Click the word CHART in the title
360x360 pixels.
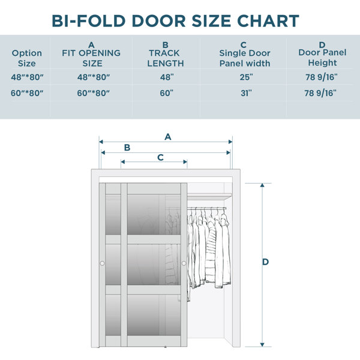click(x=268, y=21)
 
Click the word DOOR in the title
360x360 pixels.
click(x=158, y=21)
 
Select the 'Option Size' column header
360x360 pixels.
click(x=27, y=58)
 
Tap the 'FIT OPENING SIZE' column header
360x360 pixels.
click(x=91, y=54)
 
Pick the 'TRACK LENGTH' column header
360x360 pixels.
click(x=166, y=54)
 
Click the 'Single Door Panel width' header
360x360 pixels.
click(x=245, y=54)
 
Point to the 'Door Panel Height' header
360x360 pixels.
click(x=322, y=54)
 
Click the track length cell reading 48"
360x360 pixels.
click(x=167, y=77)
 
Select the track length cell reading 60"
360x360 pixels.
click(x=166, y=93)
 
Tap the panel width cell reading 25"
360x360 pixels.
click(x=247, y=77)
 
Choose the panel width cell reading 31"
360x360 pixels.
click(x=247, y=93)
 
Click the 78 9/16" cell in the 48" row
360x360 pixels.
click(x=322, y=77)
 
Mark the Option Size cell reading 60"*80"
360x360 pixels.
click(x=27, y=93)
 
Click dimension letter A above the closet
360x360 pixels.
click(x=168, y=137)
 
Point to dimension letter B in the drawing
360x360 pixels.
click(x=127, y=148)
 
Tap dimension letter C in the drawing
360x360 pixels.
click(x=160, y=157)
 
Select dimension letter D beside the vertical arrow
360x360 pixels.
click(x=265, y=262)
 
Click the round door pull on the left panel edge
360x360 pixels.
click(x=103, y=263)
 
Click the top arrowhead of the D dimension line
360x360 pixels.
click(x=262, y=185)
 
